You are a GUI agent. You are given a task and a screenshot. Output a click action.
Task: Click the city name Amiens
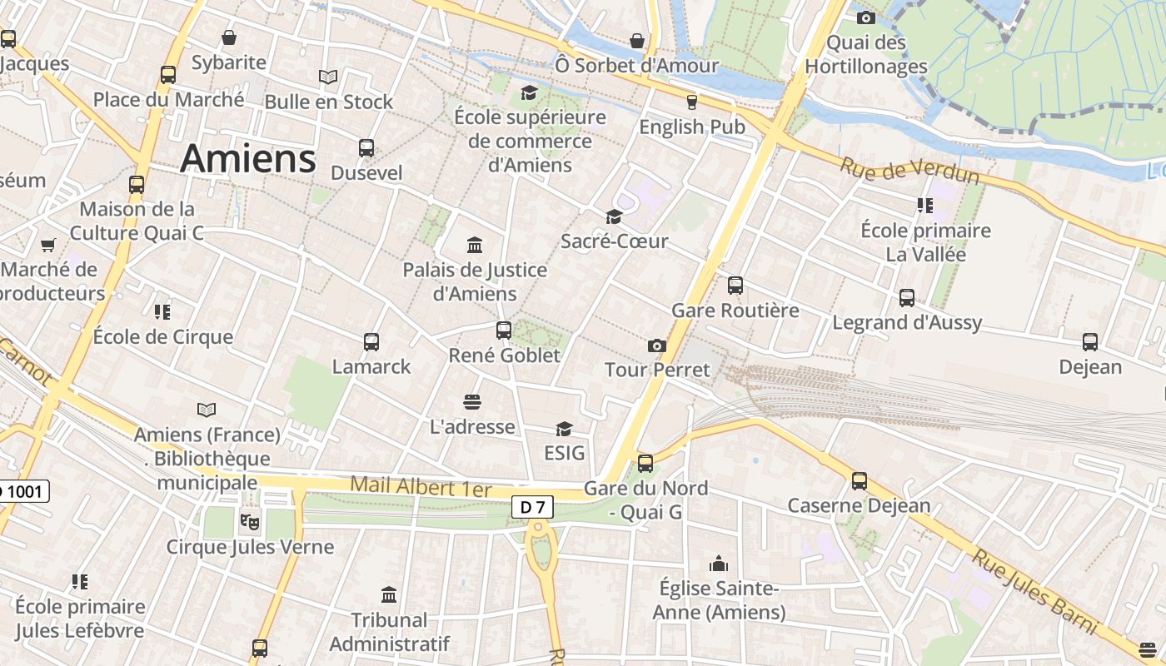248,158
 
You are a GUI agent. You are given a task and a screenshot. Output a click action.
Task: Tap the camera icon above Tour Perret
656,345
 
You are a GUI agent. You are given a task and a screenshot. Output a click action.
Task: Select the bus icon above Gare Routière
735,286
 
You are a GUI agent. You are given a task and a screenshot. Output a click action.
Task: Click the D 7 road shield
532,506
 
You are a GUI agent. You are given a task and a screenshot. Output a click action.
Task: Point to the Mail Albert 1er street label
421,486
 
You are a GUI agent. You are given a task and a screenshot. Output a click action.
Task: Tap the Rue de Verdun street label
909,171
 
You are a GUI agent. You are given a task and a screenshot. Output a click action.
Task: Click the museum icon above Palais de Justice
475,245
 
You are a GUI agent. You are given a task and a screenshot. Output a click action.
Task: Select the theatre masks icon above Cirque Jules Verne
248,521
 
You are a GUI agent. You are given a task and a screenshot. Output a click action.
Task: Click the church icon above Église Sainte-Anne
718,564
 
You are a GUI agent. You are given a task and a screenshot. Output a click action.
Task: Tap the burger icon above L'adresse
472,402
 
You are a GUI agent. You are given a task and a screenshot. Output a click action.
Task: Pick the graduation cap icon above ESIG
564,429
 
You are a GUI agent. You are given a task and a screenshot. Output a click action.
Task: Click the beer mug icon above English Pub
691,102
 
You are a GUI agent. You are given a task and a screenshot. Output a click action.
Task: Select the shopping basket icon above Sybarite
228,37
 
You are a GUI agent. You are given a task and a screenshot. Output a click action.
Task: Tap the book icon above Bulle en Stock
328,77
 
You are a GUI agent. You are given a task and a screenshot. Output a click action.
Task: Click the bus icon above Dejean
1089,341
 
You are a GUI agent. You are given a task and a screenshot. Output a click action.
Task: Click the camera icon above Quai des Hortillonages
865,17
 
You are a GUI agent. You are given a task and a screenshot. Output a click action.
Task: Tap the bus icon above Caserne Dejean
859,480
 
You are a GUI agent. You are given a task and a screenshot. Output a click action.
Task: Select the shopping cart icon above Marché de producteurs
48,245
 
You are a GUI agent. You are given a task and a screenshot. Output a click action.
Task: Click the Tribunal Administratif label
389,632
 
